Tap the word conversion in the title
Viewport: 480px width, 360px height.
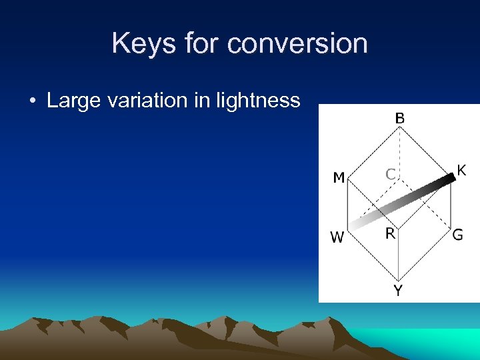point(297,44)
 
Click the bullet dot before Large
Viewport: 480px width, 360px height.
point(32,102)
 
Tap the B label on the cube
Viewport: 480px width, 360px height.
point(399,118)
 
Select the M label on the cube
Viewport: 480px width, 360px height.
point(339,178)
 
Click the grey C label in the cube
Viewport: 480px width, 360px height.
point(391,175)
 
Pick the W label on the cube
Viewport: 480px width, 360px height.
point(337,237)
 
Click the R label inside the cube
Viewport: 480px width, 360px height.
point(390,233)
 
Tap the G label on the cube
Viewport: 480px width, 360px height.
point(457,235)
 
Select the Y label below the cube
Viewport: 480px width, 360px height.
point(398,291)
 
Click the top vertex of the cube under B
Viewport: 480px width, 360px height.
point(399,129)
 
